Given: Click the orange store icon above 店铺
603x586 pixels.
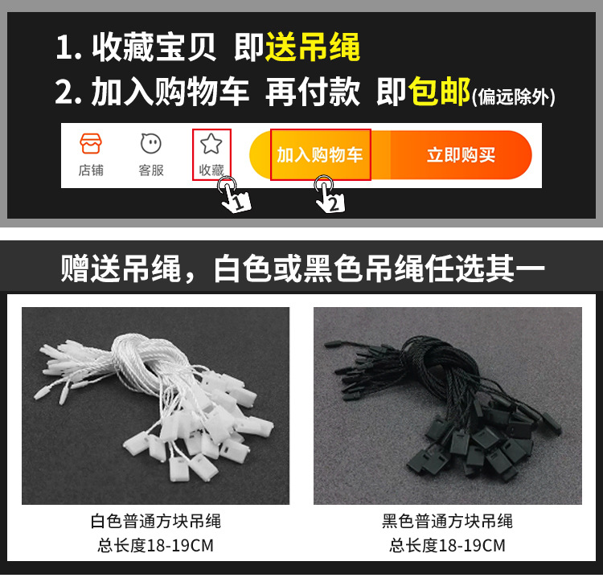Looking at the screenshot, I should (90, 145).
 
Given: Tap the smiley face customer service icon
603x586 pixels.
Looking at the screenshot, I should (150, 145).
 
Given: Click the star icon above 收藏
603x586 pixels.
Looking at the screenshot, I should (211, 144).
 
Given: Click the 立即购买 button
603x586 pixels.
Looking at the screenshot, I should (461, 155).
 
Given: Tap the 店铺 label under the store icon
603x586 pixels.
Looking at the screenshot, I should (90, 170).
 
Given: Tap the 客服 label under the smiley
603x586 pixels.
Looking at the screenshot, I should (150, 170).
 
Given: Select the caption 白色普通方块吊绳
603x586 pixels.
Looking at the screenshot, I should (155, 522).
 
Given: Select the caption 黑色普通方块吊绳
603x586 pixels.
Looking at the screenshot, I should (447, 522).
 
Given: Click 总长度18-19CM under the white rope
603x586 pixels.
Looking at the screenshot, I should (155, 546).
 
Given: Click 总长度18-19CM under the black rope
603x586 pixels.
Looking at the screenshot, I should (447, 546).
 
